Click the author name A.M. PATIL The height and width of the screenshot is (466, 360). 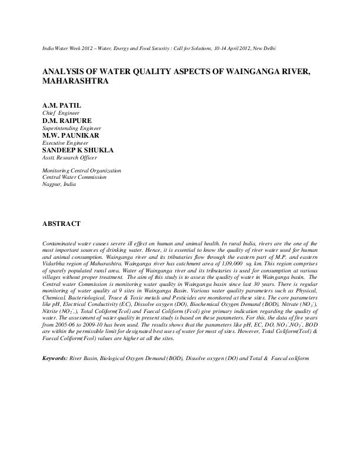(62, 105)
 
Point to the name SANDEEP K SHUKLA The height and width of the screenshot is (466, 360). (78, 150)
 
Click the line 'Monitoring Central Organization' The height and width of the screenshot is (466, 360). (82, 171)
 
